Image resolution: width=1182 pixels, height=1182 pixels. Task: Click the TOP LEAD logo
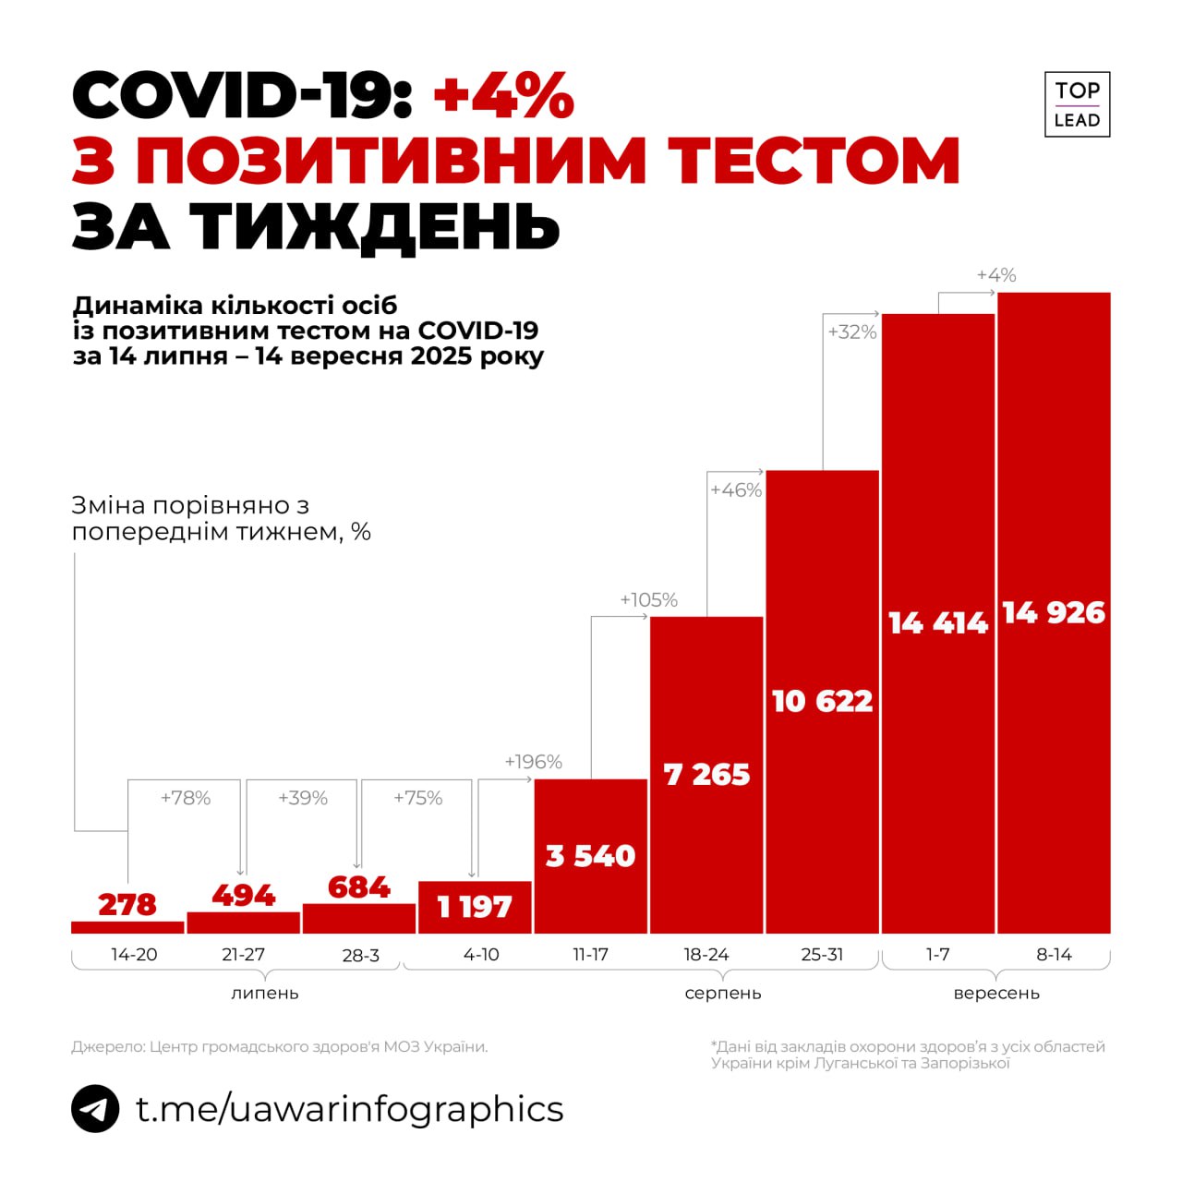pyautogui.click(x=1077, y=104)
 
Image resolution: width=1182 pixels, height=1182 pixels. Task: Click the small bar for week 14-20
pyautogui.click(x=127, y=927)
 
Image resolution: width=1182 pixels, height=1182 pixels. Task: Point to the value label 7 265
pyautogui.click(x=706, y=774)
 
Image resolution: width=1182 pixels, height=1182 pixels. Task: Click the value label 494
pyautogui.click(x=243, y=895)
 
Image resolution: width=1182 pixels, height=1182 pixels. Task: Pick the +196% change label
pyautogui.click(x=533, y=762)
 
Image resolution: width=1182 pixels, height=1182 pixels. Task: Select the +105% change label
pyautogui.click(x=648, y=600)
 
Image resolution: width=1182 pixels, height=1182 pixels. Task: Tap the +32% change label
pyautogui.click(x=851, y=332)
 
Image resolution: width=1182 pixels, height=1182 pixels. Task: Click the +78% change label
pyautogui.click(x=186, y=798)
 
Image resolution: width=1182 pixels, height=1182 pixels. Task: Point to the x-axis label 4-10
pyautogui.click(x=481, y=955)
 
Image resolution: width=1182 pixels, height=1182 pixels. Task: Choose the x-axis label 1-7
pyautogui.click(x=937, y=955)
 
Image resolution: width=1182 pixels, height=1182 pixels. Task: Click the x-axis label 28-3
pyautogui.click(x=360, y=956)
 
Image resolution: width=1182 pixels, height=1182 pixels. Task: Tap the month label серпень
pyautogui.click(x=723, y=994)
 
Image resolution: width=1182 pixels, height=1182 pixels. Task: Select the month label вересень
pyautogui.click(x=996, y=994)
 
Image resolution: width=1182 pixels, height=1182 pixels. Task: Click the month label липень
pyautogui.click(x=264, y=994)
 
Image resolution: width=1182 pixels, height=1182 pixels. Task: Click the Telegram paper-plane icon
pyautogui.click(x=95, y=1108)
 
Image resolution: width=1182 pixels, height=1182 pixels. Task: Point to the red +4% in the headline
pyautogui.click(x=503, y=95)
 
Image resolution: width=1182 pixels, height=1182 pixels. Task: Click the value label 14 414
pyautogui.click(x=938, y=623)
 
